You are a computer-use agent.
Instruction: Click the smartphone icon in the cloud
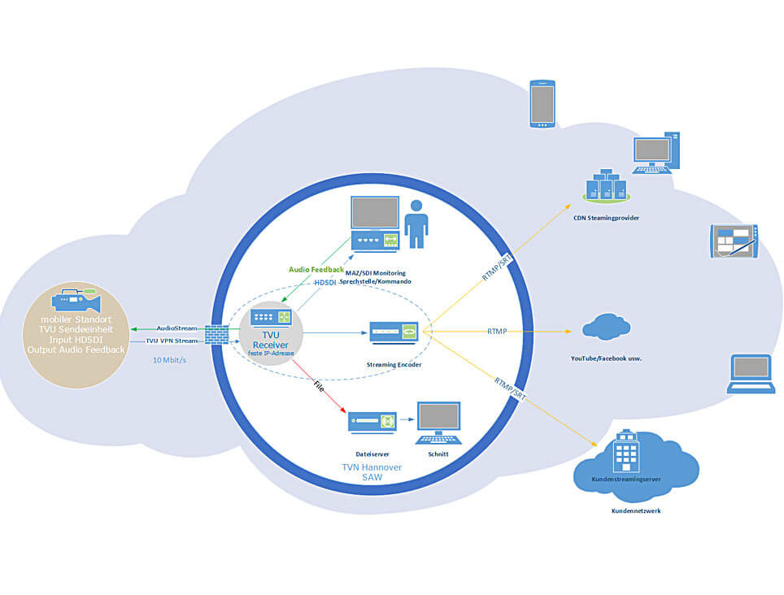pos(542,103)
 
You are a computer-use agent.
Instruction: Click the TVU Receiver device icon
pos(270,318)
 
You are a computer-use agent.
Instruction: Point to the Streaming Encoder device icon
pos(394,332)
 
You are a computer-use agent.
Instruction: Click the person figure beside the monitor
pos(417,224)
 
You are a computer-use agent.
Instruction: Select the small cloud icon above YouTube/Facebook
pos(605,328)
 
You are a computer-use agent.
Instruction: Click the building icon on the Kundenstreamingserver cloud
pos(625,450)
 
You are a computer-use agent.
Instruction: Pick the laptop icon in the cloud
pos(751,374)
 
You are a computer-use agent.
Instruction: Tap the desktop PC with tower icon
pos(656,152)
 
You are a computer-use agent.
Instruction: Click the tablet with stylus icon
pos(734,241)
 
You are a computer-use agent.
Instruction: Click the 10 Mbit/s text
pos(169,359)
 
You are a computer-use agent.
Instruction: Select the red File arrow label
pos(318,389)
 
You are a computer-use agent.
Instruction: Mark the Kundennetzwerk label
pos(636,511)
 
